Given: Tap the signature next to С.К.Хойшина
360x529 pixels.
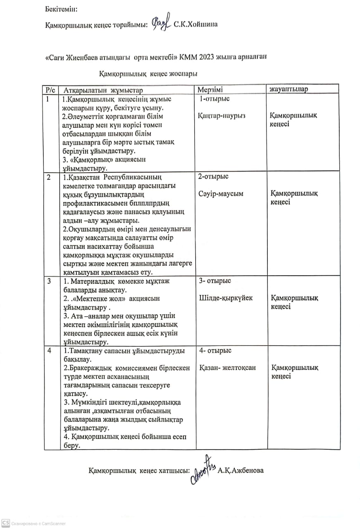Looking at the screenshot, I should [161, 24].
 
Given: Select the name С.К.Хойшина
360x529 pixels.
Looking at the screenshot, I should [196, 24].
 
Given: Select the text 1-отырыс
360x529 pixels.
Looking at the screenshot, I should [215, 99].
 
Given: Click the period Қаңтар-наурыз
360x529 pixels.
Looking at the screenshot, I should [222, 116].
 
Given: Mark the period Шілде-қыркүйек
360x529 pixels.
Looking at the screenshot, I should [226, 298].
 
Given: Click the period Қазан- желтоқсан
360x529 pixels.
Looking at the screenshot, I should [227, 368].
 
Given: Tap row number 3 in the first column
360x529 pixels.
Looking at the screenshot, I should [49, 281].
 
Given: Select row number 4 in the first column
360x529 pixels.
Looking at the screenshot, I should [50, 351].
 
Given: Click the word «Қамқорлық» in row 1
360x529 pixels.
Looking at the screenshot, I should [91, 160].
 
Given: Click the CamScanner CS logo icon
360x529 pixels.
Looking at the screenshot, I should [5, 523].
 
